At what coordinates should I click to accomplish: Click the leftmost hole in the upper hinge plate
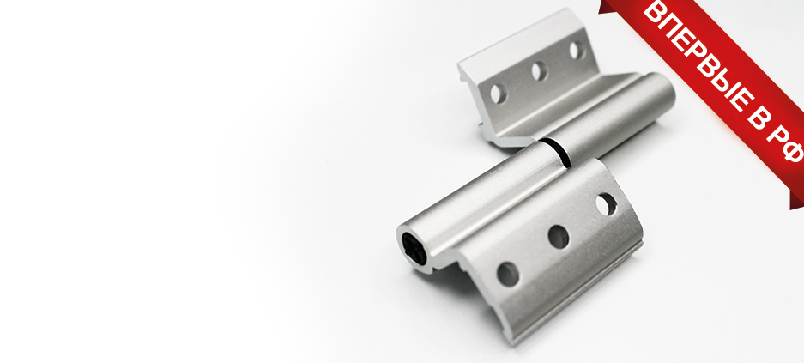[x=499, y=94]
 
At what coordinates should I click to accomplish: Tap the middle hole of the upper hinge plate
[x=539, y=71]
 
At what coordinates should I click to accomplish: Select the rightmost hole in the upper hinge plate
[x=577, y=50]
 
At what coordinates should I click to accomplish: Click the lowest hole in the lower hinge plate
[x=508, y=275]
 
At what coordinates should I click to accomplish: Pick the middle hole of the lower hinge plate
[x=559, y=237]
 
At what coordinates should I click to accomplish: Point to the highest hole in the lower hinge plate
[x=606, y=204]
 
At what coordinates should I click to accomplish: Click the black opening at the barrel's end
[x=414, y=249]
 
